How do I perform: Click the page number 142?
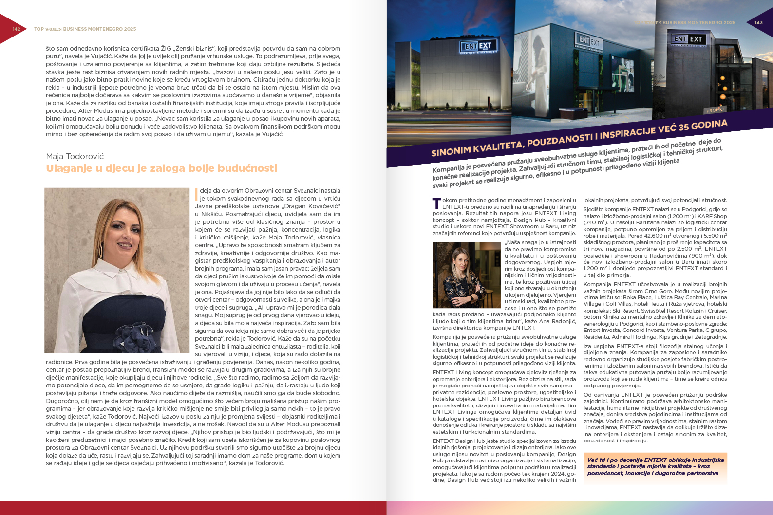pyautogui.click(x=16, y=29)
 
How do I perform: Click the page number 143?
pyautogui.click(x=758, y=23)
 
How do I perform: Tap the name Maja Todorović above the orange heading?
pyautogui.click(x=75, y=156)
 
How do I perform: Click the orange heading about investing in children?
pyautogui.click(x=161, y=168)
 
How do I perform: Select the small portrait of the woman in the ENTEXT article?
pyautogui.click(x=466, y=275)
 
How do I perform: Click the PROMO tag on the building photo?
pyautogui.click(x=715, y=110)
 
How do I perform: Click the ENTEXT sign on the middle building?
pyautogui.click(x=589, y=41)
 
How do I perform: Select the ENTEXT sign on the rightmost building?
pyautogui.click(x=688, y=39)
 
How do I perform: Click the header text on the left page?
pyautogui.click(x=85, y=29)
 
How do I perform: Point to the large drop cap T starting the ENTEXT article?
pyautogui.click(x=436, y=203)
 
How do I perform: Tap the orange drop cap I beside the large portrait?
pyautogui.click(x=196, y=194)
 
